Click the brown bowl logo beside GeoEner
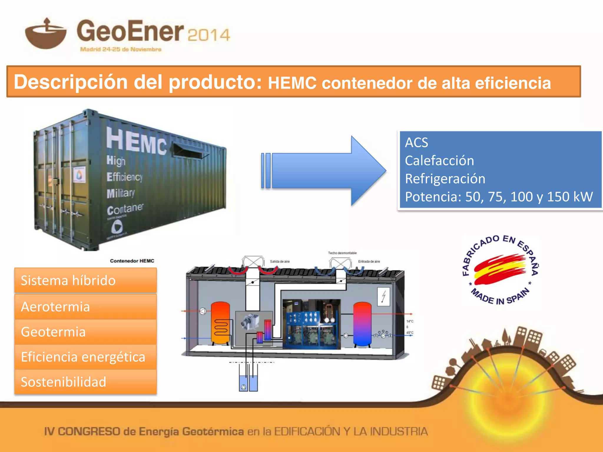46,35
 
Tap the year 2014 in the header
208,35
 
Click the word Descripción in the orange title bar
71,82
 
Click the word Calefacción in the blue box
439,161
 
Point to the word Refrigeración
445,179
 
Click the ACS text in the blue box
416,143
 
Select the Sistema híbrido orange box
85,280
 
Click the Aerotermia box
85,307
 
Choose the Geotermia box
85,332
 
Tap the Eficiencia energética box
85,357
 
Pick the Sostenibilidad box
85,382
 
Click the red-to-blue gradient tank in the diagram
362,324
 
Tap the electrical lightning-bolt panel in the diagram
383,296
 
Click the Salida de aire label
280,261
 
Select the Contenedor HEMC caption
132,261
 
